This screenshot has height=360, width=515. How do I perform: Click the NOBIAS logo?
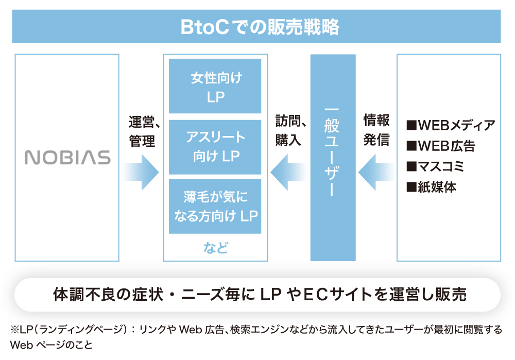tap(67, 158)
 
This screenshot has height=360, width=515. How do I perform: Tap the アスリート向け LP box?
tap(215, 147)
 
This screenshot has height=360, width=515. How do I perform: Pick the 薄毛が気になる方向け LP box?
tap(215, 206)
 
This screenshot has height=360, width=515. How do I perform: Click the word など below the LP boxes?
tap(215, 248)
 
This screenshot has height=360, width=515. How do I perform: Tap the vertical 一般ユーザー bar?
tap(333, 158)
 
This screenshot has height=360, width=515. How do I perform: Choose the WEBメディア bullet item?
tap(451, 125)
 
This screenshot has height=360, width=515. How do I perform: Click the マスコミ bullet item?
tap(436, 166)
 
